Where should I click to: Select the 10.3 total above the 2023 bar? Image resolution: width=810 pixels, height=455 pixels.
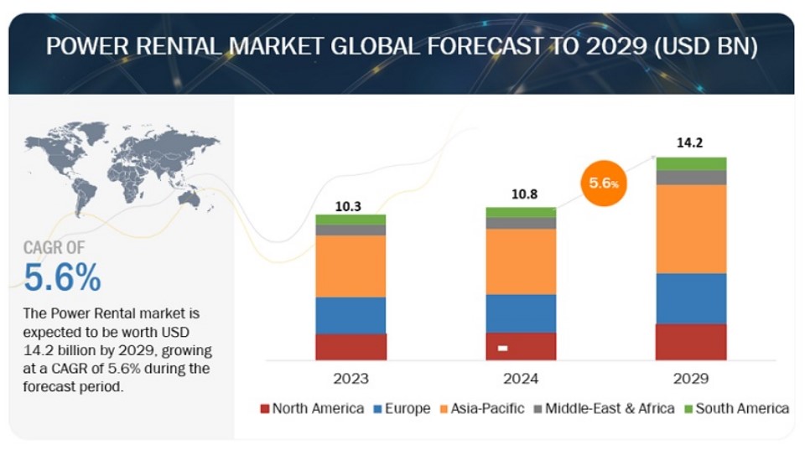pyautogui.click(x=350, y=204)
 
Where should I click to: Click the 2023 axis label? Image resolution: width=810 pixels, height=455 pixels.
pyautogui.click(x=350, y=378)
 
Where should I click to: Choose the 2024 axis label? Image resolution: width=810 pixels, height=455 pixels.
pyautogui.click(x=521, y=378)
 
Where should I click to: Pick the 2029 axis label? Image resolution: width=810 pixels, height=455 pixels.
pyautogui.click(x=691, y=378)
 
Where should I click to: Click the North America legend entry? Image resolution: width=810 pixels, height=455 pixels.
pyautogui.click(x=312, y=409)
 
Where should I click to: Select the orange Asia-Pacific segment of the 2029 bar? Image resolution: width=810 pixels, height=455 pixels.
pyautogui.click(x=691, y=228)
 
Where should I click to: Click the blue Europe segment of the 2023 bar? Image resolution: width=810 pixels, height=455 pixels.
pyautogui.click(x=350, y=315)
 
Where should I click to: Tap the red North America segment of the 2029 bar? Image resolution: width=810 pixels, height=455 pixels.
pyautogui.click(x=691, y=341)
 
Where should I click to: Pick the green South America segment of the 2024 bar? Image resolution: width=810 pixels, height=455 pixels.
pyautogui.click(x=521, y=212)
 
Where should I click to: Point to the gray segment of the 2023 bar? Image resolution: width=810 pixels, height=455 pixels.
pyautogui.click(x=350, y=230)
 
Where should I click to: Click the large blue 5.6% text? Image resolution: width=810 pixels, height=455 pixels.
pyautogui.click(x=63, y=277)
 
